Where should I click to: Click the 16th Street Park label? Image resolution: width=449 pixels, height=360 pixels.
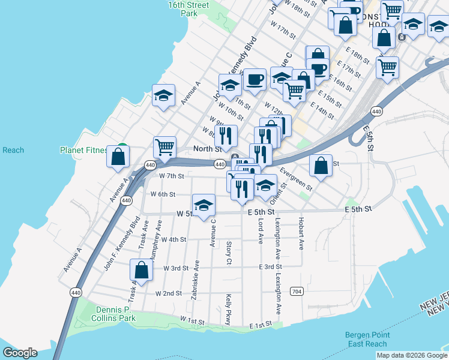[188, 9]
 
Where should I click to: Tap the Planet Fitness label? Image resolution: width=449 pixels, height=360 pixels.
[83, 150]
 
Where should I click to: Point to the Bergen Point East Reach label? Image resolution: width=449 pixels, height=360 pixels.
[368, 340]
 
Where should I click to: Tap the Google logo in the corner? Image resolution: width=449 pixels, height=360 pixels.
[20, 352]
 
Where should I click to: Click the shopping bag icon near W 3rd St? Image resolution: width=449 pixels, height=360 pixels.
[141, 270]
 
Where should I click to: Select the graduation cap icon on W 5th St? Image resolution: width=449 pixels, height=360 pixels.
[203, 205]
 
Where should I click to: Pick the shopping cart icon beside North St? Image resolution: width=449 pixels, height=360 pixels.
[164, 146]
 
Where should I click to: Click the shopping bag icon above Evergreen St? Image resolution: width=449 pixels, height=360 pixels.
[321, 165]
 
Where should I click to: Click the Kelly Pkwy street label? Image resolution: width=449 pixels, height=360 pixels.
[229, 310]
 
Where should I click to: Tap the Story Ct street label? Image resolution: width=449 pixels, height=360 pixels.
[229, 252]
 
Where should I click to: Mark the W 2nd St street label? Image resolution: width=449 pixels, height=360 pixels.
[168, 293]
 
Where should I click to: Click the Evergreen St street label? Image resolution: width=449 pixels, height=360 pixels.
[296, 179]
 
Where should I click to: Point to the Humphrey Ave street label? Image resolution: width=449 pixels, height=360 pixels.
[158, 235]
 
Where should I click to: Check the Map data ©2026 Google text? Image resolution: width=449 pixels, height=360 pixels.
[412, 355]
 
